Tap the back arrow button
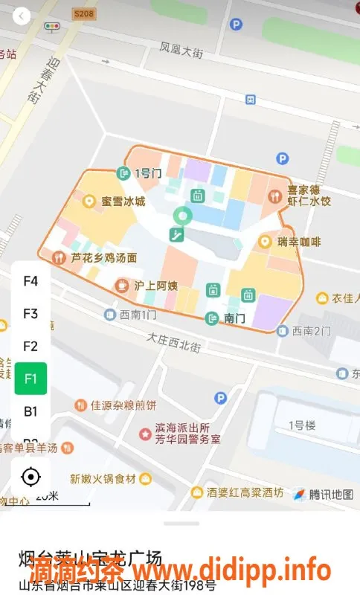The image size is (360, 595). pyautogui.click(x=22, y=16)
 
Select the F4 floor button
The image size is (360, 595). pyautogui.click(x=30, y=281)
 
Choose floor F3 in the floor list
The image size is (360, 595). pyautogui.click(x=30, y=313)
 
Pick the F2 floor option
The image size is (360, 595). pyautogui.click(x=30, y=346)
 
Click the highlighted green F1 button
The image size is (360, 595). pyautogui.click(x=30, y=378)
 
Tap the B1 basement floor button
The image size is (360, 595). pyautogui.click(x=30, y=411)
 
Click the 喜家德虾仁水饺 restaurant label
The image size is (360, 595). pyautogui.click(x=309, y=196)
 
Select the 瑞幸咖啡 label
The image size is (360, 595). pyautogui.click(x=298, y=242)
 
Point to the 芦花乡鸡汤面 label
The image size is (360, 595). pyautogui.click(x=103, y=257)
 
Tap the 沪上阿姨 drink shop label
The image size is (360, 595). pyautogui.click(x=155, y=285)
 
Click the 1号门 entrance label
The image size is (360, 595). pyautogui.click(x=147, y=173)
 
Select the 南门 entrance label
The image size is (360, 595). pyautogui.click(x=233, y=318)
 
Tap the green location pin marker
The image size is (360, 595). pyautogui.click(x=182, y=216)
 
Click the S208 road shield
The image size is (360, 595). pyautogui.click(x=83, y=13)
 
